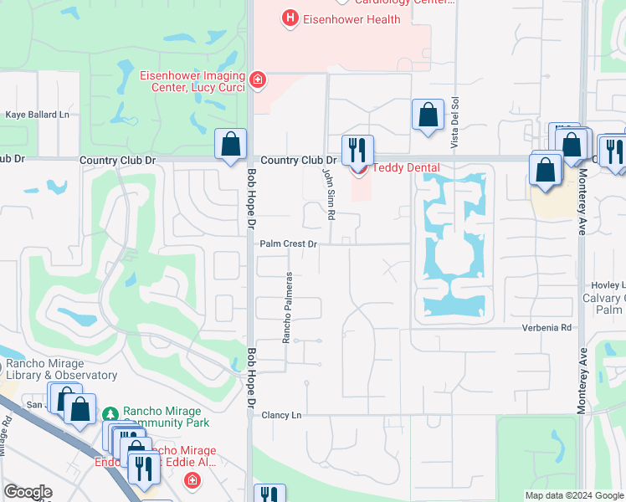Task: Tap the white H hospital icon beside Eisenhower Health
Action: click(290, 18)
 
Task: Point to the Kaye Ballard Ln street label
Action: click(37, 115)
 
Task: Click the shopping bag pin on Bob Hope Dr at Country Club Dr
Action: click(230, 144)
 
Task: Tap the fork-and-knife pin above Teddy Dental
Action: click(358, 150)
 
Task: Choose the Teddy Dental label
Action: click(406, 167)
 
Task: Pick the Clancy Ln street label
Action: click(280, 415)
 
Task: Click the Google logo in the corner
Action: click(28, 492)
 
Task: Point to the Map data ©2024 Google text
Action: click(573, 495)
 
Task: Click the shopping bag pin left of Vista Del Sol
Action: click(428, 115)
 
